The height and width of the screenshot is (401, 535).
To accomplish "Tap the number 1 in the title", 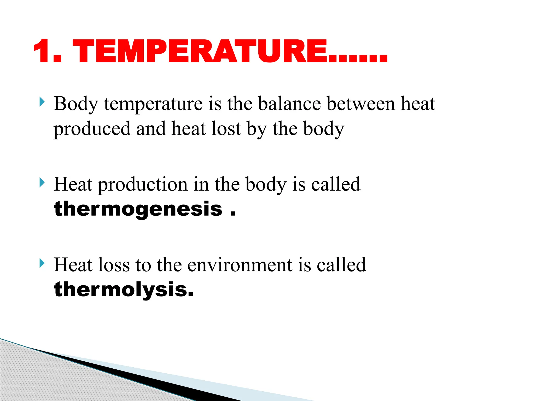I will [x=43, y=51].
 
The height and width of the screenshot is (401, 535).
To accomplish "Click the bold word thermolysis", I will [x=123, y=290].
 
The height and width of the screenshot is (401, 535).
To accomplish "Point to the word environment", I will [x=240, y=265].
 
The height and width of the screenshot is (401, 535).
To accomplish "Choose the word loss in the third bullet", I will [x=114, y=265].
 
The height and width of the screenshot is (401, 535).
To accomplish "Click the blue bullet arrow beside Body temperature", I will [x=42, y=102].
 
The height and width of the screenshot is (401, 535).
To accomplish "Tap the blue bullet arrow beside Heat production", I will [x=42, y=182].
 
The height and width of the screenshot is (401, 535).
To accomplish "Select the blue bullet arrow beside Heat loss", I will [x=42, y=263].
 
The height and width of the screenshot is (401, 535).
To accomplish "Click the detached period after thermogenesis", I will [x=233, y=214].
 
